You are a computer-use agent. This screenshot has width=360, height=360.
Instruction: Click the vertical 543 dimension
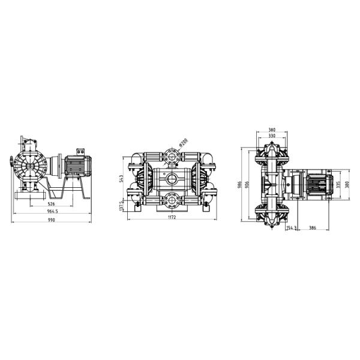pos(122,179)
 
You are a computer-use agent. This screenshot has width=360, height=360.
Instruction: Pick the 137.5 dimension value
pos(122,205)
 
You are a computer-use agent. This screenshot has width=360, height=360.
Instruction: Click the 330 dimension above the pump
pos(272,136)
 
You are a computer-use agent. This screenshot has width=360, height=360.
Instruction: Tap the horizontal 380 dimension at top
pos(272,130)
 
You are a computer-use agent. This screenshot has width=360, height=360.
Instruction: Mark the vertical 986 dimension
pos(239,184)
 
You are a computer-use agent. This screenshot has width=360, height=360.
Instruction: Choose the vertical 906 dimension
pos(247,184)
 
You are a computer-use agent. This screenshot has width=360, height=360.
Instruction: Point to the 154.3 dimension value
pos(291,228)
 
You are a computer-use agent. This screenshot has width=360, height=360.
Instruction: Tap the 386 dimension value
pos(312,228)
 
